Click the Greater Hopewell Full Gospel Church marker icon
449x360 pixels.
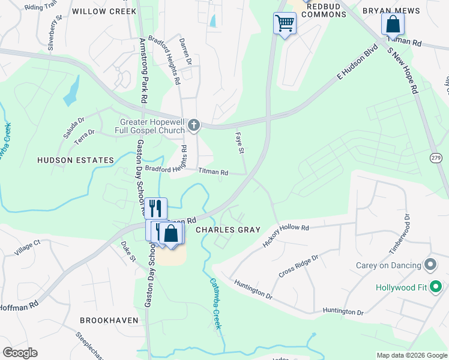click(x=193, y=125)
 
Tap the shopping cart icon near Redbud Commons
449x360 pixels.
click(x=285, y=24)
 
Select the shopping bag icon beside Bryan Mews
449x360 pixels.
click(x=393, y=24)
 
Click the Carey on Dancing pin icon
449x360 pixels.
click(x=430, y=265)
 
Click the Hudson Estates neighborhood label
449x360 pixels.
click(x=76, y=160)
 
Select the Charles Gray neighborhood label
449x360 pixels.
click(x=228, y=230)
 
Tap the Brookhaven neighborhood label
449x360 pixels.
click(x=109, y=320)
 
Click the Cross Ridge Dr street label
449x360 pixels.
click(x=298, y=265)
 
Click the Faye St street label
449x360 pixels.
click(x=240, y=143)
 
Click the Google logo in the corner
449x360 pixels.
click(x=20, y=353)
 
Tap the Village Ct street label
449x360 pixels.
click(x=28, y=247)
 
